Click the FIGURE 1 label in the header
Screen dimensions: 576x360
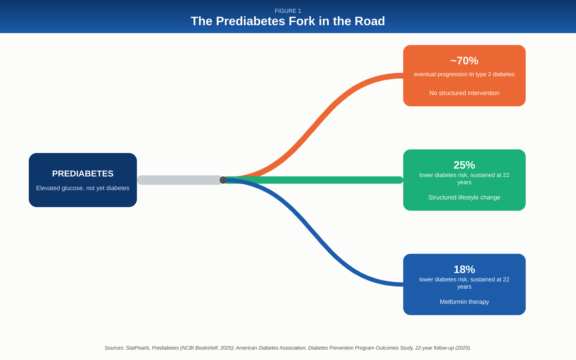point(288,11)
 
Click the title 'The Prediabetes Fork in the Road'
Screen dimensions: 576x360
point(288,21)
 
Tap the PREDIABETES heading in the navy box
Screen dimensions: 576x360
point(83,174)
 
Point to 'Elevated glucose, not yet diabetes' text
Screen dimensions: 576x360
point(83,188)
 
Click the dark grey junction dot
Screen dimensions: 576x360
point(223,180)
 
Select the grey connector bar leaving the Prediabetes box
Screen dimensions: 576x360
point(180,180)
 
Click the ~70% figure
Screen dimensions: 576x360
point(464,61)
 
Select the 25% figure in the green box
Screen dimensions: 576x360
point(464,165)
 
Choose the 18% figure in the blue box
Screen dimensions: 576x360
point(464,270)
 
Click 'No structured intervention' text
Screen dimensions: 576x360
point(464,93)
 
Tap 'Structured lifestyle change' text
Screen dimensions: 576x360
point(464,198)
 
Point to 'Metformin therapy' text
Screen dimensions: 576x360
point(464,302)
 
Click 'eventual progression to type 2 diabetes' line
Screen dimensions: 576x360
point(464,74)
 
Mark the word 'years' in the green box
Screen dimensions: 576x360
point(464,183)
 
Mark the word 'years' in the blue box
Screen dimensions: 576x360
point(464,287)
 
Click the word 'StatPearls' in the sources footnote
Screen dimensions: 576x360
point(137,348)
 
